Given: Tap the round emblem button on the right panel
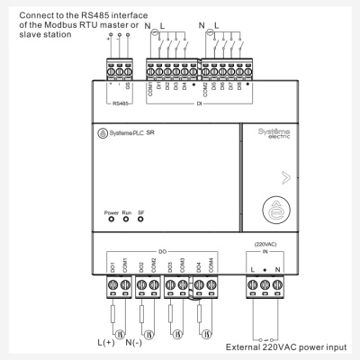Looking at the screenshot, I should (x=274, y=212).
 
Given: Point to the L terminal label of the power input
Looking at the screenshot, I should (x=253, y=269).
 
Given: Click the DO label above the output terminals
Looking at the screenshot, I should (x=163, y=251).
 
